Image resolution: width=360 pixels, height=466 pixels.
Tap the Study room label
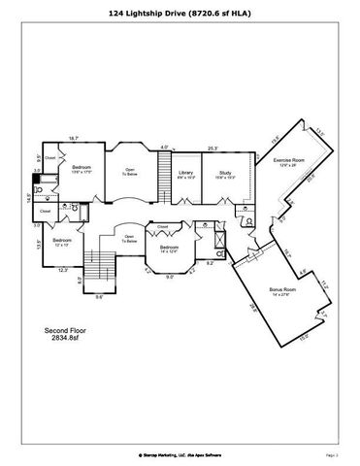pyautogui.click(x=224, y=174)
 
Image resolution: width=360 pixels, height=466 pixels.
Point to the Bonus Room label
pyautogui.click(x=282, y=291)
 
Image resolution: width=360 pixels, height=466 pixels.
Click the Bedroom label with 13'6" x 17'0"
pyautogui.click(x=82, y=169)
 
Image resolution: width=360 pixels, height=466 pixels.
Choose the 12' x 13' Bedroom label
pyautogui.click(x=62, y=242)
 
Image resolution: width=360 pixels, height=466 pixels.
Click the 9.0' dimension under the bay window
pyautogui.click(x=170, y=278)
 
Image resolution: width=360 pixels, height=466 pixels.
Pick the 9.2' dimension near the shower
pyautogui.click(x=210, y=263)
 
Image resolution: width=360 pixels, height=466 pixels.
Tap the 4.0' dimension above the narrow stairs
pyautogui.click(x=165, y=148)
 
